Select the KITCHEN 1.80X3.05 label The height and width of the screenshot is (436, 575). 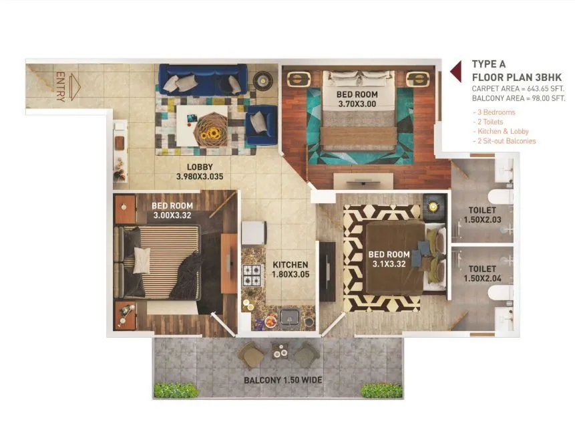[x=291, y=269]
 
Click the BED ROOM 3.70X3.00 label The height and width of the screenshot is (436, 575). [x=357, y=100]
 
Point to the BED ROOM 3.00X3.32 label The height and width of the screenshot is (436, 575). [x=172, y=210]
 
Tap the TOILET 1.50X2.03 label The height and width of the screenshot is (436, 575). [x=482, y=214]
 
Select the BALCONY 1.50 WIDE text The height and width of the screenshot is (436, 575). [x=282, y=380]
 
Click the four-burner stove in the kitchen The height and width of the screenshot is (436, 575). [x=253, y=274]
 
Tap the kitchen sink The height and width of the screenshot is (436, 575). [x=289, y=316]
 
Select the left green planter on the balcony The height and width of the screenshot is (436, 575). [x=176, y=390]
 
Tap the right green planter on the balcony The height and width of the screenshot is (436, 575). [x=382, y=391]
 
